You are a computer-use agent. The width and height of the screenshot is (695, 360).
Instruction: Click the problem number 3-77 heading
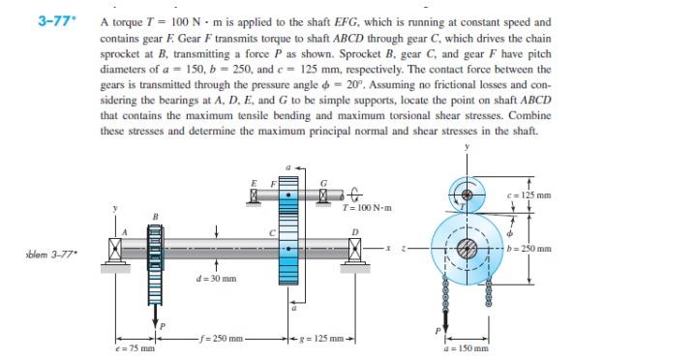pyautogui.click(x=53, y=21)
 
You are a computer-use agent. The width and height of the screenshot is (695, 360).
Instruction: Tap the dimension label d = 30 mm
pyautogui.click(x=216, y=279)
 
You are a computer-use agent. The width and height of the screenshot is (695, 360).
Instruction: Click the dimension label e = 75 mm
pyautogui.click(x=135, y=348)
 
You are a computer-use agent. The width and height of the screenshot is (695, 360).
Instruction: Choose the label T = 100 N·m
pyautogui.click(x=368, y=208)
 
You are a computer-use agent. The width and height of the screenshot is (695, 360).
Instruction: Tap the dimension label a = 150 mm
pyautogui.click(x=468, y=348)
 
